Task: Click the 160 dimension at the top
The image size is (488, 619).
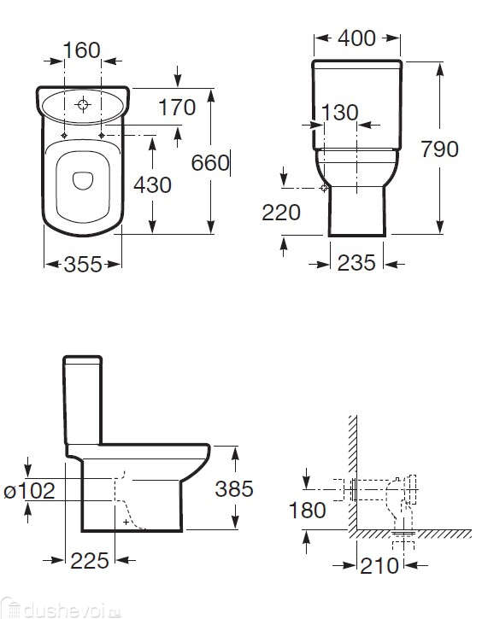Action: tap(83, 50)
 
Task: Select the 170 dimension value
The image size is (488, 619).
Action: tap(177, 107)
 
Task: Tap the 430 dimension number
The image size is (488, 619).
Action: tap(151, 184)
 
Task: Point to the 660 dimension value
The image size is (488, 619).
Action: tap(210, 162)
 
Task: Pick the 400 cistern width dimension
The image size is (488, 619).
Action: tap(356, 38)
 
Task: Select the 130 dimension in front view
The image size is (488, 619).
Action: tap(339, 113)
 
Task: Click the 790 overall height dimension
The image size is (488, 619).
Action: tap(439, 149)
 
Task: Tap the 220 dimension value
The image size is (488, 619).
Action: tap(281, 213)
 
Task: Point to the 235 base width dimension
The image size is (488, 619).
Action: tap(356, 263)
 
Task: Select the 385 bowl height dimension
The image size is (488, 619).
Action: tap(234, 488)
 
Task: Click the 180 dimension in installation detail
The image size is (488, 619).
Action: tap(308, 510)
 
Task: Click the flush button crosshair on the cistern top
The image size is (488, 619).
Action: tap(83, 106)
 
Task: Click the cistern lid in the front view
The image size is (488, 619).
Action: tap(356, 65)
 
